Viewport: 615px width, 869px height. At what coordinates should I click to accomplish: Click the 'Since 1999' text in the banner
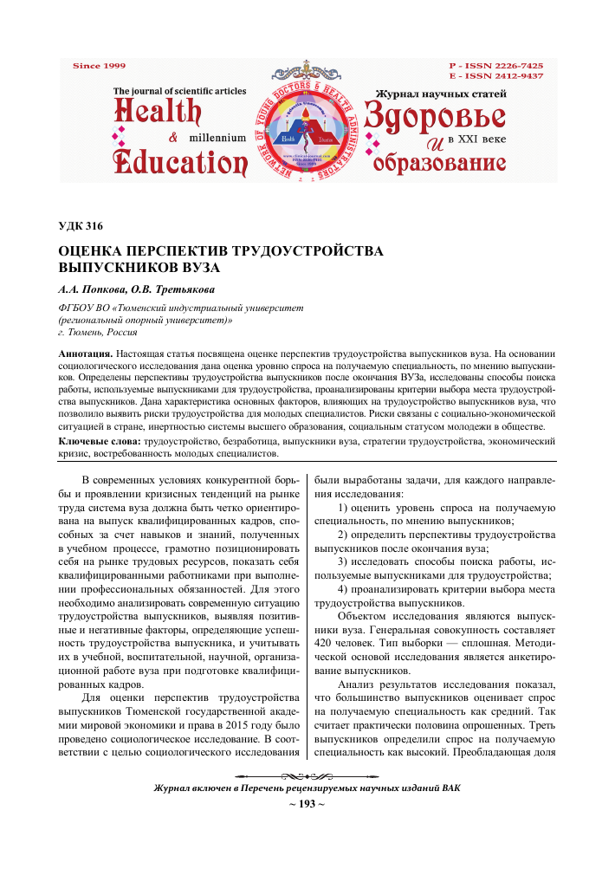(x=99, y=65)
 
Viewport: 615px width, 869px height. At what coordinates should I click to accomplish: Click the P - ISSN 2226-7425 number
(x=496, y=66)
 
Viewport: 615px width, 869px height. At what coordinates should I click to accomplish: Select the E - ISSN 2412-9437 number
(x=496, y=76)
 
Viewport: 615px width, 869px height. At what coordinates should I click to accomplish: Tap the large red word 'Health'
(x=157, y=114)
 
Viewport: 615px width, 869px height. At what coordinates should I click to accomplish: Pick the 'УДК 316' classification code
(x=80, y=227)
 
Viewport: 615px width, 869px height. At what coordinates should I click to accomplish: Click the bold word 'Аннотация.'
(x=84, y=355)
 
